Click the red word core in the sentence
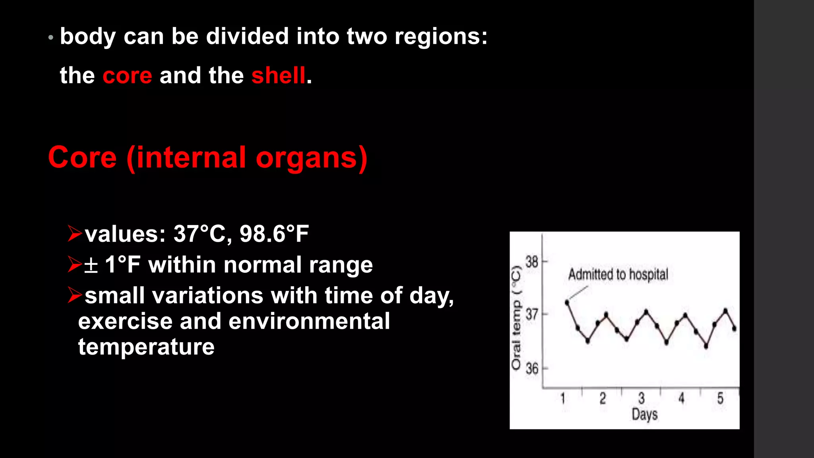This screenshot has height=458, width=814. point(127,76)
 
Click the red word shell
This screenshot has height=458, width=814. point(278,76)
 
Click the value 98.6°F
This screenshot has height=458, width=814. point(274,234)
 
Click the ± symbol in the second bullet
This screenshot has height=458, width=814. point(91,265)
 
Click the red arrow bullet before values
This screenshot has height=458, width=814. point(74,233)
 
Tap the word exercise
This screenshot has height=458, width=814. point(125,321)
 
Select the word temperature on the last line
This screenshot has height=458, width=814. point(146,347)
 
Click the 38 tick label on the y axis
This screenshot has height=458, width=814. point(532,262)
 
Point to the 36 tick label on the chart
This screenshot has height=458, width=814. point(532,369)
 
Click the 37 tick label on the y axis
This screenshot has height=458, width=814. point(532,315)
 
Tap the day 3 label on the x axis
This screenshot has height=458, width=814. point(641,398)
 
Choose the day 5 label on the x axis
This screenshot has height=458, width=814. point(720,398)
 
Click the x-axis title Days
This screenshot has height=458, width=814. point(644,414)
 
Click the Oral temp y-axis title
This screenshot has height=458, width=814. point(516,318)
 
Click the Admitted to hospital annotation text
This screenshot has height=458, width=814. point(618,274)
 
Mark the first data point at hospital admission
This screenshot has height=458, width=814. point(567,303)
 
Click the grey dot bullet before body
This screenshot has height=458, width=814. point(50,38)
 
